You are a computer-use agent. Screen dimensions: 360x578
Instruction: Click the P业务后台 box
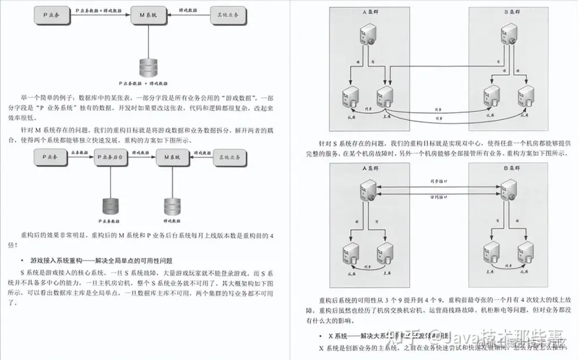click(x=111, y=155)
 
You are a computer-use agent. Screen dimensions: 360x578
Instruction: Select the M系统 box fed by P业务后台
click(x=171, y=155)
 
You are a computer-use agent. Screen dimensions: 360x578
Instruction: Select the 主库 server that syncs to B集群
click(x=384, y=96)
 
